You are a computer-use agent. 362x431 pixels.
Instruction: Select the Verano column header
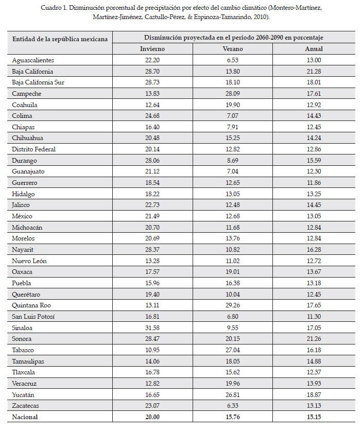pyautogui.click(x=233, y=49)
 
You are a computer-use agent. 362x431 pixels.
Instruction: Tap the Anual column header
pyautogui.click(x=314, y=49)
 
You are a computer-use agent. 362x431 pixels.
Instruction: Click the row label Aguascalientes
pyautogui.click(x=32, y=60)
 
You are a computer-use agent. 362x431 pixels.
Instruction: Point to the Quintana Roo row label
pyautogui.click(x=31, y=305)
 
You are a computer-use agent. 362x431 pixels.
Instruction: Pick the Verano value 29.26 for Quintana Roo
pyautogui.click(x=233, y=305)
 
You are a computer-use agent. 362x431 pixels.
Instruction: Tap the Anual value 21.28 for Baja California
pyautogui.click(x=314, y=72)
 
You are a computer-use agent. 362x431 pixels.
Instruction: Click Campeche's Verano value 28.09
pyautogui.click(x=233, y=94)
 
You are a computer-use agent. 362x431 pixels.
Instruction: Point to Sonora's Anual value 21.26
pyautogui.click(x=314, y=339)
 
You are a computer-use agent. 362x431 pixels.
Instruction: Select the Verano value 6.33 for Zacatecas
pyautogui.click(x=233, y=405)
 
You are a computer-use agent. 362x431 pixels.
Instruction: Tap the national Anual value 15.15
pyautogui.click(x=314, y=417)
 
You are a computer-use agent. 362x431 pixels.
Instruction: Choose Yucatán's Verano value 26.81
pyautogui.click(x=233, y=394)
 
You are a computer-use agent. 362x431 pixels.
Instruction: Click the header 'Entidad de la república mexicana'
pyautogui.click(x=60, y=39)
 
